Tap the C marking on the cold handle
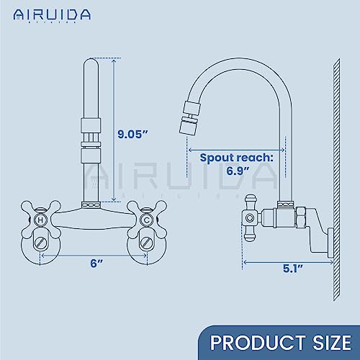click(146, 219)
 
